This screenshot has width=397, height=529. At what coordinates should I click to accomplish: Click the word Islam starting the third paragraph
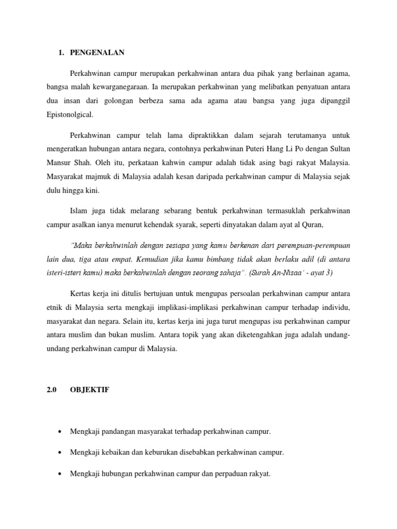(x=78, y=210)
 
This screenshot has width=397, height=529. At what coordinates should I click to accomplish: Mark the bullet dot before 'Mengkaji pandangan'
(x=61, y=430)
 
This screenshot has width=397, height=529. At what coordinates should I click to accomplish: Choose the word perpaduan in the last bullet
(x=230, y=474)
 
